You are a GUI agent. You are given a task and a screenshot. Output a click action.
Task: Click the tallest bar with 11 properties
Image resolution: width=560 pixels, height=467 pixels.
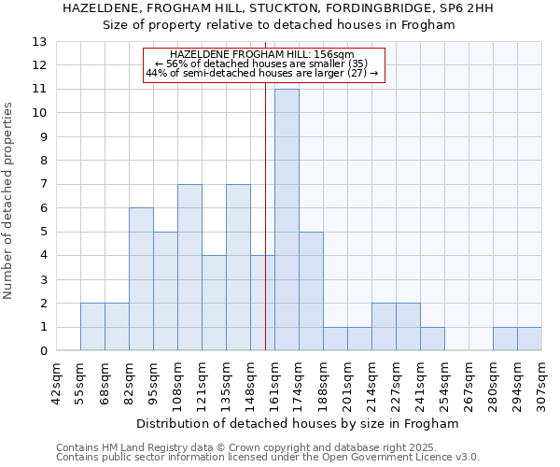[x=287, y=219]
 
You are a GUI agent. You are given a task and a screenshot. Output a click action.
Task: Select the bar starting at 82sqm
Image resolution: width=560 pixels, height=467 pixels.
[x=141, y=279]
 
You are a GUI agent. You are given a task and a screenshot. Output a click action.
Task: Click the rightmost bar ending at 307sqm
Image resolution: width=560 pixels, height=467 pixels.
[x=529, y=339]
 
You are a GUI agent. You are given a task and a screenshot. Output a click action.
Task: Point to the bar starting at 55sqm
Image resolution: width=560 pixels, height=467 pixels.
[x=92, y=327]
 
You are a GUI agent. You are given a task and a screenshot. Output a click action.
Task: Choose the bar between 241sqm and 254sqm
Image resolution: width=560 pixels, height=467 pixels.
[x=432, y=339]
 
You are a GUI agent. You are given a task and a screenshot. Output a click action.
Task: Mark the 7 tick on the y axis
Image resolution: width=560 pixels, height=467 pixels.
[x=42, y=184]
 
